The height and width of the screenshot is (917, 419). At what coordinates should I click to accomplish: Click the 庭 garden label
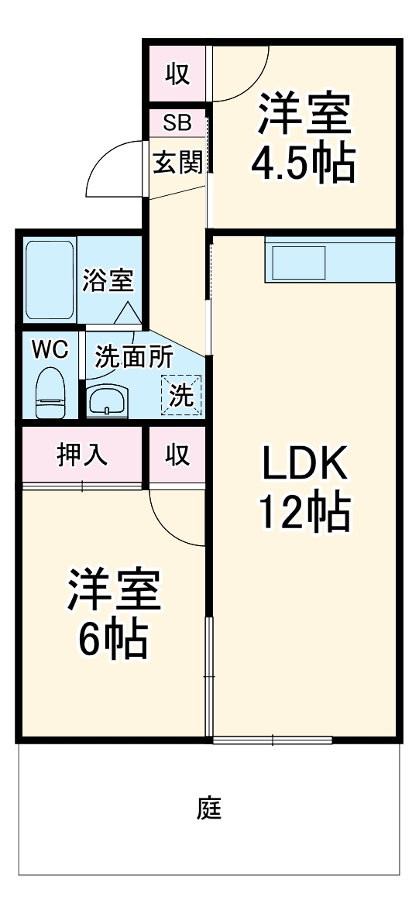(x=209, y=809)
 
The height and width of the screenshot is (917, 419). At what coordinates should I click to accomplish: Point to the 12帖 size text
(x=304, y=513)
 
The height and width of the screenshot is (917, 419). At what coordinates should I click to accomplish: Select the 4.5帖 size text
(x=304, y=160)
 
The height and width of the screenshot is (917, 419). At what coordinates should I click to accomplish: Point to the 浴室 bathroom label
(x=108, y=280)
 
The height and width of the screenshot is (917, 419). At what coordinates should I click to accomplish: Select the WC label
(x=50, y=349)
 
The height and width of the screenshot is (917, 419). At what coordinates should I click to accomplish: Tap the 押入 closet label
(x=82, y=455)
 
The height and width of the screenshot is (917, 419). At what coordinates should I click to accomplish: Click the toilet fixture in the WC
(x=51, y=393)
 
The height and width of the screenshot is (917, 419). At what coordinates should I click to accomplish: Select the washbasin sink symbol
(x=105, y=400)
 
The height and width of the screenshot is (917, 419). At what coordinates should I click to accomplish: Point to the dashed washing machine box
(x=181, y=393)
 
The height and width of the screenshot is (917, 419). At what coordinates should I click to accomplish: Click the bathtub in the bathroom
(x=50, y=280)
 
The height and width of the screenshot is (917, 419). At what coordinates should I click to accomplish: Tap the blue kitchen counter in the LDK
(x=330, y=261)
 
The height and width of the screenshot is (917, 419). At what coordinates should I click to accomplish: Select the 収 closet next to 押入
(x=177, y=455)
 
